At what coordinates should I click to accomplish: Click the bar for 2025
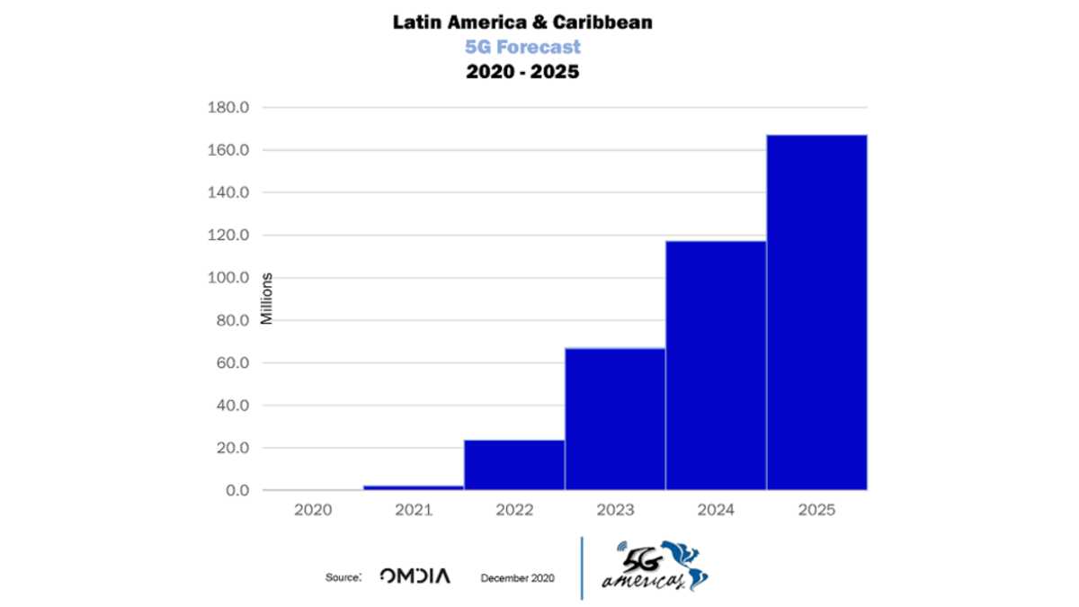(817, 312)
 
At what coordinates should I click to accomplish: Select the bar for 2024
(717, 365)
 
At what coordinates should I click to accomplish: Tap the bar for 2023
(615, 419)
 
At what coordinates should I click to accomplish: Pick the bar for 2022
(514, 465)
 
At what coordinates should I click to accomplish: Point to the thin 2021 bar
(414, 487)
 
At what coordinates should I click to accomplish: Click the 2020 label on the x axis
(313, 510)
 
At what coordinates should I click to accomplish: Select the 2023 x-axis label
(615, 510)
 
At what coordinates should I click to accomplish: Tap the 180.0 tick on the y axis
(228, 107)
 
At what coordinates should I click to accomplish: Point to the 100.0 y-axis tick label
(228, 278)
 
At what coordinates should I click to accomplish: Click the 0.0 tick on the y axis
(237, 490)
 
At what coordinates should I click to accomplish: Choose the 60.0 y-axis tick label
(233, 362)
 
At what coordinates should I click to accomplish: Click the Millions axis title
(267, 299)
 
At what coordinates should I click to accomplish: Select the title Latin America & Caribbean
(522, 22)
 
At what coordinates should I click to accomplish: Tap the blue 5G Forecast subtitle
(522, 47)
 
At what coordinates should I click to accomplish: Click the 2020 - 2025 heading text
(522, 72)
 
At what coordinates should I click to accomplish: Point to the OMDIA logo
(415, 576)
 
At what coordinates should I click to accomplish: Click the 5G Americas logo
(655, 566)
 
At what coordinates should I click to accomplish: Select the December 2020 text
(517, 578)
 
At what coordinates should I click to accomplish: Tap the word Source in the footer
(343, 577)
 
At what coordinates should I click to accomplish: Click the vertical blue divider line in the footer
(582, 568)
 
